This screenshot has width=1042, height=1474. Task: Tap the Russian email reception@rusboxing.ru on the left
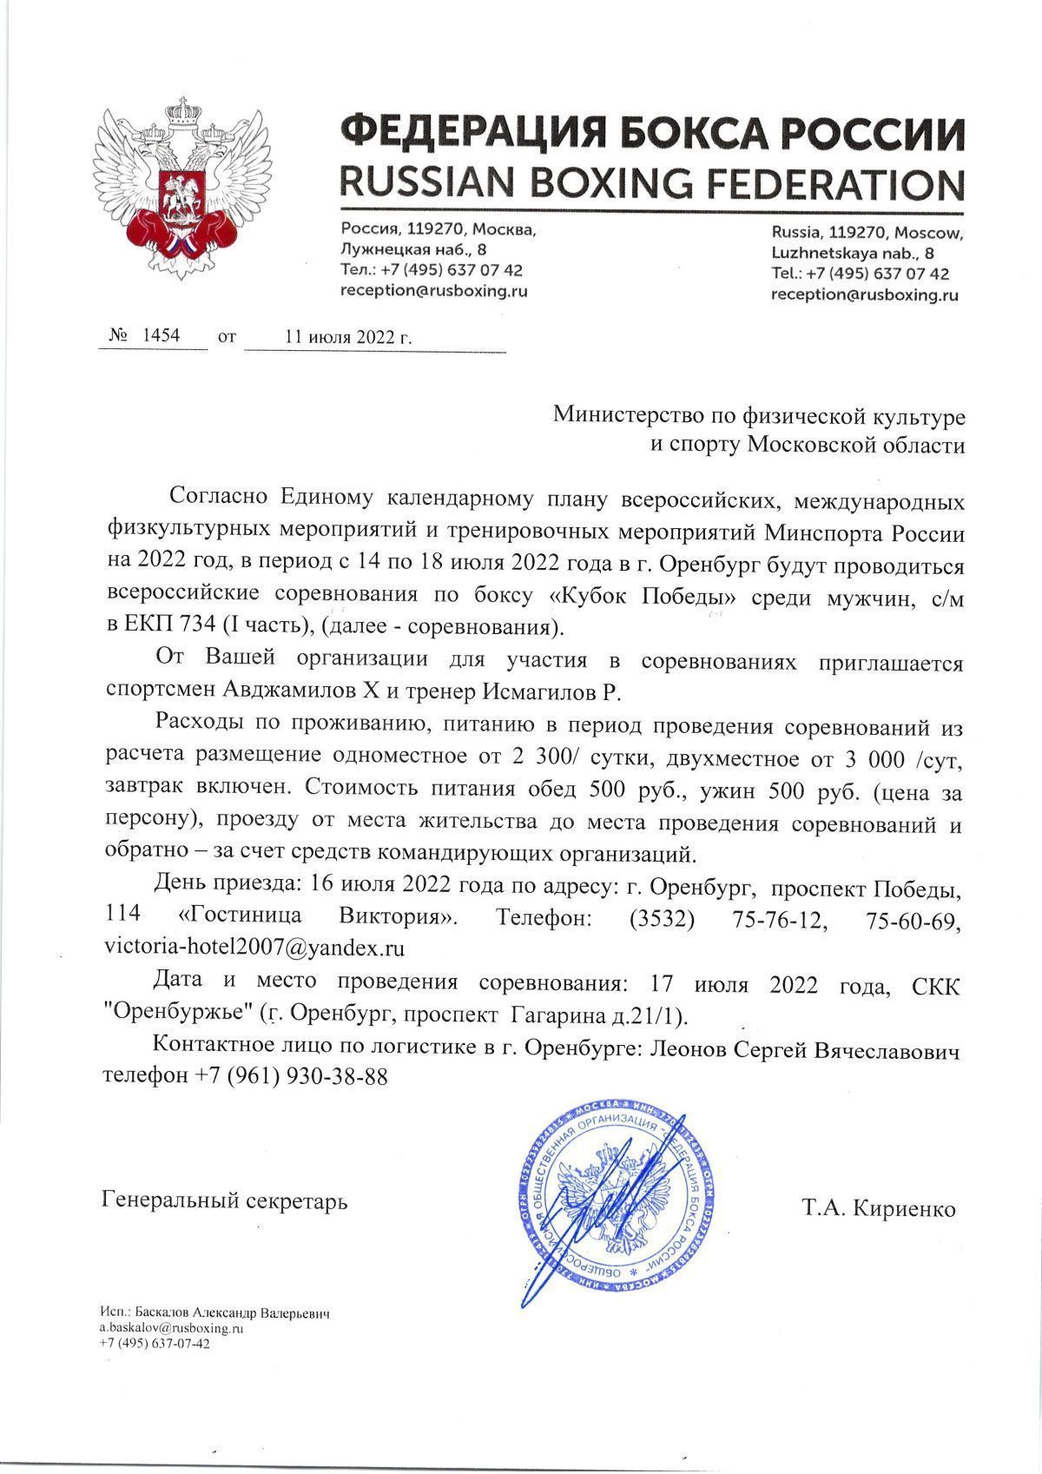pos(434,291)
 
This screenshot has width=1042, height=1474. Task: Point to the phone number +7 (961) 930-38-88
pos(290,1075)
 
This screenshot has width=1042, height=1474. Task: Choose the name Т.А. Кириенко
pos(879,1208)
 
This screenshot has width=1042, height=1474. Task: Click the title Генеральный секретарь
pos(225,1201)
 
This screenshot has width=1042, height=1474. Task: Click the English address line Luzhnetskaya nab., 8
pos(853,254)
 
